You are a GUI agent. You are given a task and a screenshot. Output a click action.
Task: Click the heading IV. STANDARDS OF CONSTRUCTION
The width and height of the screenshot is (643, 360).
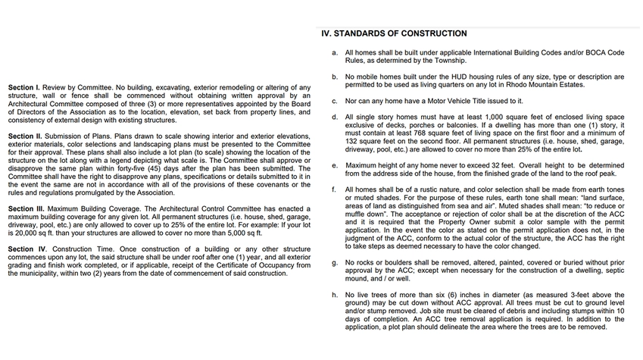coord(394,33)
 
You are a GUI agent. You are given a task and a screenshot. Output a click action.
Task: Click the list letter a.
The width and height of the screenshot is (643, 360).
coord(335,52)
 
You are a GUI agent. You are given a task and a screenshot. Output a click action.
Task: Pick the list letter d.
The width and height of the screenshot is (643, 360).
coord(335,117)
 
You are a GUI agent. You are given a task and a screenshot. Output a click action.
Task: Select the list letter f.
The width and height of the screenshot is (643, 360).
coord(334,189)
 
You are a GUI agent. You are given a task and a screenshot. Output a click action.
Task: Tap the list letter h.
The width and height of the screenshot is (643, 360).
coord(335,294)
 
